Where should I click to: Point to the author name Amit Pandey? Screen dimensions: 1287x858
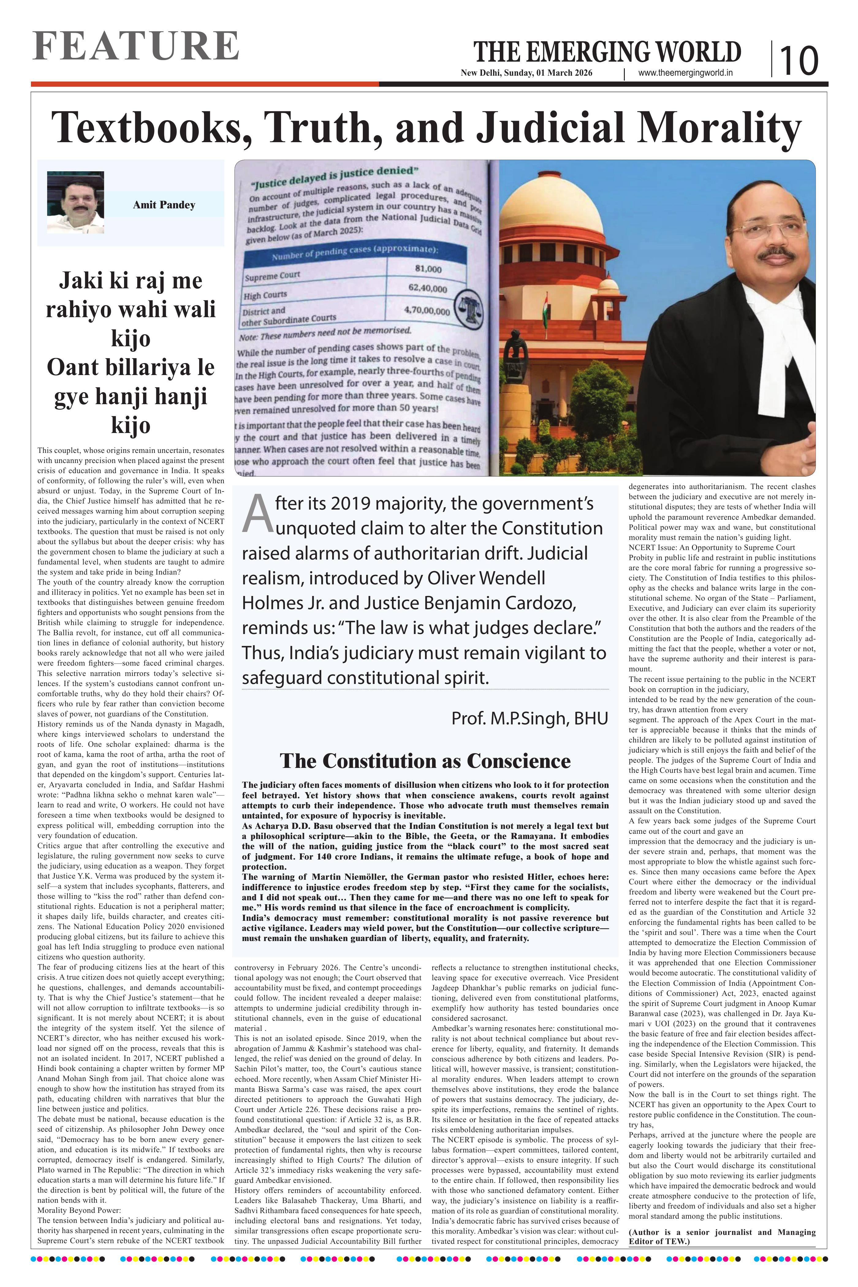click(x=164, y=205)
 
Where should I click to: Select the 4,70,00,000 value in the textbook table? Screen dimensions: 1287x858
click(x=427, y=311)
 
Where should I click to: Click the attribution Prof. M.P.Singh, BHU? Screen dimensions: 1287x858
click(x=529, y=718)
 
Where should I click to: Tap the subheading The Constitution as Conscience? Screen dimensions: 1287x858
click(x=425, y=761)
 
